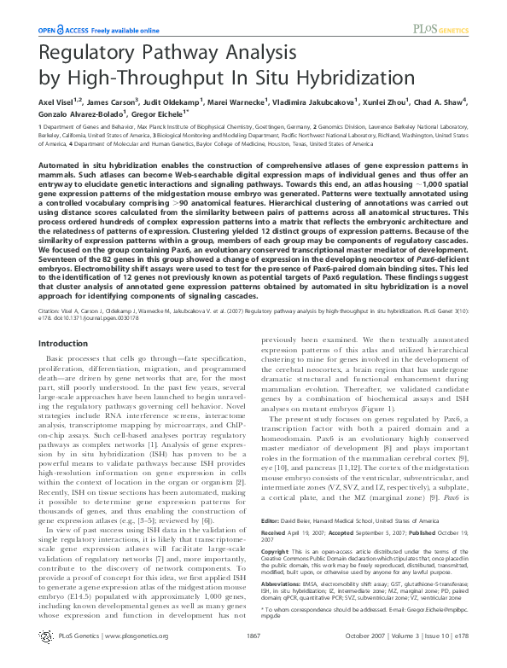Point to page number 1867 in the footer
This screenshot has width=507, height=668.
coord(253,659)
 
